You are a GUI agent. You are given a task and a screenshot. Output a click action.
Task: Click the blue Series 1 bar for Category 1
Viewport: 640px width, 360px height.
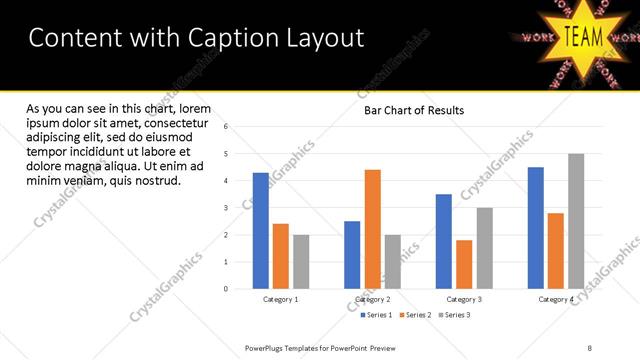tap(260, 231)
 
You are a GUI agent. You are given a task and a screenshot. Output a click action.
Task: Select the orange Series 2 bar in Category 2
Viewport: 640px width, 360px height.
tap(372, 229)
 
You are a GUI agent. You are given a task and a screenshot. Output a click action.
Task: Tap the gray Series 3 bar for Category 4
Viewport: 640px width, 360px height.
tap(576, 221)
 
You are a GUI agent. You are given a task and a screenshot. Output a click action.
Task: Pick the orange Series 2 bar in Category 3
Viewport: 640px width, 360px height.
tap(464, 264)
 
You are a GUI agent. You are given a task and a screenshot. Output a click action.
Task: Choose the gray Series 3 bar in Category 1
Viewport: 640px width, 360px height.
tap(301, 262)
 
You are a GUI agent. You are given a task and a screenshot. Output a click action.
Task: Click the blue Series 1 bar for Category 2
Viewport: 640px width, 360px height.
tap(352, 255)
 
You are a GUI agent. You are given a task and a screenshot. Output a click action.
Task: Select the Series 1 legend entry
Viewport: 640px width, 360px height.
tap(376, 315)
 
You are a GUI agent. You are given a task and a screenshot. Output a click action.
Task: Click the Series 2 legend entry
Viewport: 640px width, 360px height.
tap(414, 315)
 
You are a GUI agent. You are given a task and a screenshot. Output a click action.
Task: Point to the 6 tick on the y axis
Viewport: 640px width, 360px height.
tap(226, 127)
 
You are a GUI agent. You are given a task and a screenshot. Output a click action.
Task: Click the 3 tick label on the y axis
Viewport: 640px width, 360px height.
tap(226, 208)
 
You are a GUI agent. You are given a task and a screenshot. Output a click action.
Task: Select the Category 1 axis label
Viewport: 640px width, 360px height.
tap(281, 299)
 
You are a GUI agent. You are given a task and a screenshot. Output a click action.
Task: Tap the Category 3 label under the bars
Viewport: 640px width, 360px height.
tap(464, 299)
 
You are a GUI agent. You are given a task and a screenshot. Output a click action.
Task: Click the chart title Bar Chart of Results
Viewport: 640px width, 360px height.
tap(413, 110)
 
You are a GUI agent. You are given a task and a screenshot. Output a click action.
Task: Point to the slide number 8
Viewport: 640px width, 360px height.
tap(589, 347)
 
